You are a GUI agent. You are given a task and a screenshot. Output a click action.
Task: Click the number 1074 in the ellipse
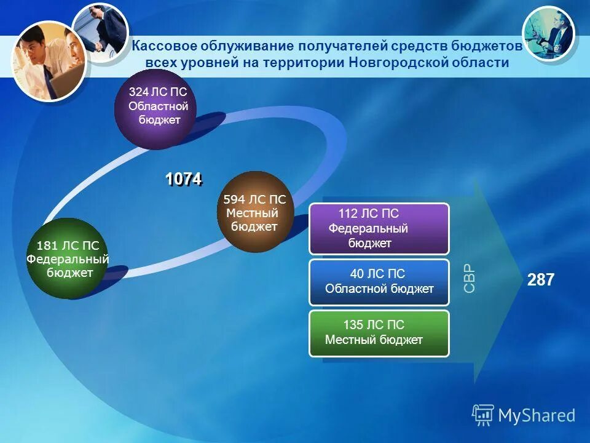point(183,179)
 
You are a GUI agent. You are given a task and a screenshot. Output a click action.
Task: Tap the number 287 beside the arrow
point(541,281)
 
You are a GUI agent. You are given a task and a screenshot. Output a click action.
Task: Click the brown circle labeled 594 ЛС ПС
point(254,212)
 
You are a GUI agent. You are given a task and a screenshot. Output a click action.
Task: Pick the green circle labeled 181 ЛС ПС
point(67,259)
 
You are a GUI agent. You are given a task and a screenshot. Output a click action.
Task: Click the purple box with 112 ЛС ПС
point(379,229)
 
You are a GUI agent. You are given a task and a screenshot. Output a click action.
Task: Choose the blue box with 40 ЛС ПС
point(379,282)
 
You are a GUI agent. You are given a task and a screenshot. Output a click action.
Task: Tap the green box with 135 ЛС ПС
point(379,333)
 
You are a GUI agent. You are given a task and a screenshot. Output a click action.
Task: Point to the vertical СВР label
point(469,278)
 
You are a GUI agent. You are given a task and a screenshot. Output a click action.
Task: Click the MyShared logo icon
point(482,416)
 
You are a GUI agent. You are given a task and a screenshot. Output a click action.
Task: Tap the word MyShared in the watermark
point(537,416)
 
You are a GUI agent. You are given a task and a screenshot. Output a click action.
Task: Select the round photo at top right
point(548,34)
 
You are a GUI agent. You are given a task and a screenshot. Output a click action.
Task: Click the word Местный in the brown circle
point(253,214)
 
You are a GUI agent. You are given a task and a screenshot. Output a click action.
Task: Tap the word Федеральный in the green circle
point(68,260)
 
